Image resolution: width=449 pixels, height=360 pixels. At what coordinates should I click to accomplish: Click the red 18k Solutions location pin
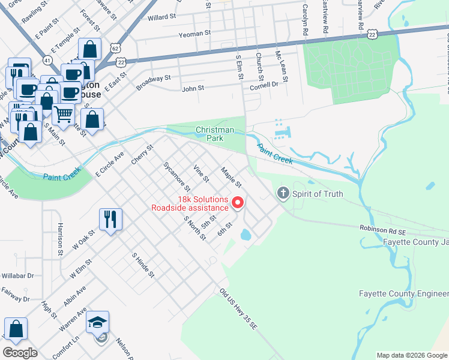[x=237, y=203]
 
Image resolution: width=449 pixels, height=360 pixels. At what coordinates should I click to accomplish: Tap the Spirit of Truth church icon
[x=283, y=193]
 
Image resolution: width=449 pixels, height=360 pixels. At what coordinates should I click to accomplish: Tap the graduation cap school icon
[x=97, y=322]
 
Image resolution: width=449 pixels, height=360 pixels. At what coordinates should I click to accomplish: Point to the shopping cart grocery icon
[x=62, y=113]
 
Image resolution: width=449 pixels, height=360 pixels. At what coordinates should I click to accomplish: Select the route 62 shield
[x=116, y=46]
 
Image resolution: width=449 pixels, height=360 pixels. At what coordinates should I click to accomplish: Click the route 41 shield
[x=47, y=59]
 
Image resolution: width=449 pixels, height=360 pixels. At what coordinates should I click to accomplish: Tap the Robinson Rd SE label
[x=384, y=229]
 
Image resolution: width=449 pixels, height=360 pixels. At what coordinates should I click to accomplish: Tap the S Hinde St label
[x=143, y=265]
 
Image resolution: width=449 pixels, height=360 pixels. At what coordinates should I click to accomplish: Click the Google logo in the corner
[x=20, y=353]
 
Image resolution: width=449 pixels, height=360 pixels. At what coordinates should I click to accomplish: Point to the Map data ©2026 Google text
[x=411, y=355]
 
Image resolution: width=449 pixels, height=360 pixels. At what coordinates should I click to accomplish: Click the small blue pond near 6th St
[x=245, y=235]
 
